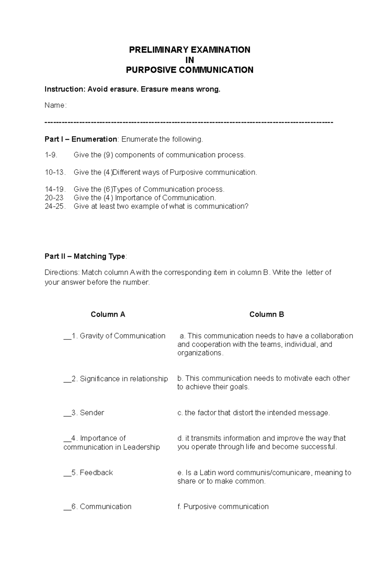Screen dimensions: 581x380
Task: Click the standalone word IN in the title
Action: (x=189, y=60)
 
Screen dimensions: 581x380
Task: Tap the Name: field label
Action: (x=55, y=105)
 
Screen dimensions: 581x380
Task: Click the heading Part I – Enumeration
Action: (x=81, y=139)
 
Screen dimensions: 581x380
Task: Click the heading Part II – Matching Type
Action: (x=85, y=256)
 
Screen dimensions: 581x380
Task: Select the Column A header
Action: (x=108, y=314)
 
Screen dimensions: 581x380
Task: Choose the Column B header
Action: (x=267, y=314)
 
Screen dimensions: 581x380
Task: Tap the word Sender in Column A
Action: (x=92, y=413)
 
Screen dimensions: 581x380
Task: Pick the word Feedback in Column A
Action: (x=96, y=473)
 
